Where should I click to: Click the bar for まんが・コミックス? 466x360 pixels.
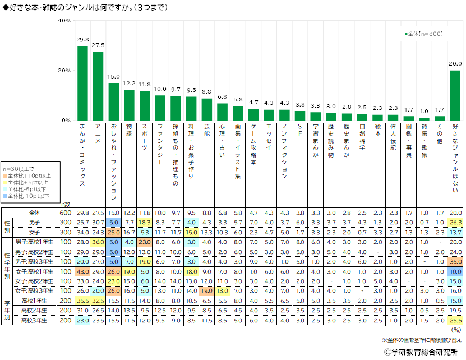(x=82, y=83)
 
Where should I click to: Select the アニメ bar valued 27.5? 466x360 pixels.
(x=98, y=86)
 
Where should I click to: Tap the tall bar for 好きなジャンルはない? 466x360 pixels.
(x=455, y=95)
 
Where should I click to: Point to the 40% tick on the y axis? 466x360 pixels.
(x=64, y=21)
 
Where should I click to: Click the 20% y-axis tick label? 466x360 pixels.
(x=64, y=71)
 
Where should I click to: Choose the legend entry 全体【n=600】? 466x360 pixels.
(x=426, y=34)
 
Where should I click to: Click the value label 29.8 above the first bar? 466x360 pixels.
(x=82, y=40)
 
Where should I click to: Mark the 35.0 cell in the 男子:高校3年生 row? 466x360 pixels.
(x=455, y=261)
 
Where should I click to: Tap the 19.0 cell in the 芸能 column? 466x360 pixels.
(x=207, y=290)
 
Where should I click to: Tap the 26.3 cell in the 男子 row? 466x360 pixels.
(x=455, y=223)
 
